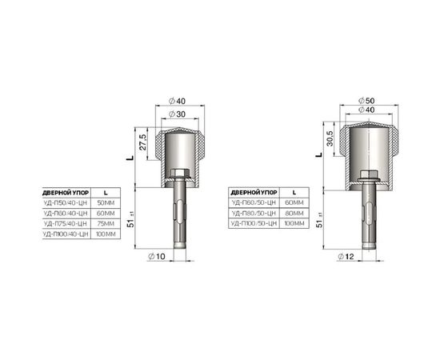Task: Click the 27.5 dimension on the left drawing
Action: click(142, 142)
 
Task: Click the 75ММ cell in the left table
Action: click(105, 224)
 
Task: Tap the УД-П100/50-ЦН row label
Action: click(253, 224)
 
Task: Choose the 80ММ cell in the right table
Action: click(294, 214)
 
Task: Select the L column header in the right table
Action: click(294, 193)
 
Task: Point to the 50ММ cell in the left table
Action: click(105, 203)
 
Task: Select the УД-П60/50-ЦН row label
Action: click(253, 203)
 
